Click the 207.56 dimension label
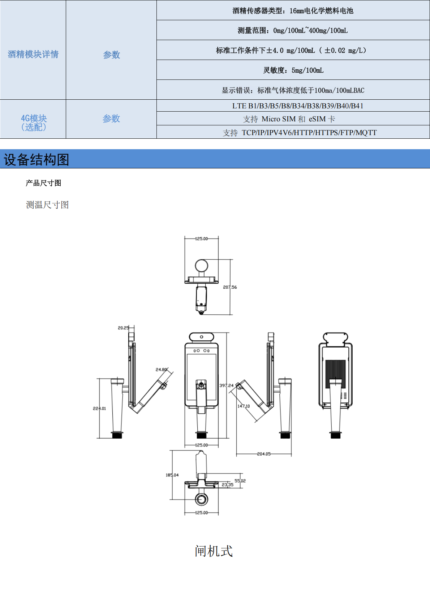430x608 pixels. (x=230, y=287)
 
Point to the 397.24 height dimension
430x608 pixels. (x=226, y=385)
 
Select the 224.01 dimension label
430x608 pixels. (x=99, y=409)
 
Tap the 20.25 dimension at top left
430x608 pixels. (x=123, y=328)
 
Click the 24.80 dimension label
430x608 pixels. (x=161, y=370)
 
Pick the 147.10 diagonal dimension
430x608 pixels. (x=244, y=406)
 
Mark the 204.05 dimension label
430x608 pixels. (x=264, y=454)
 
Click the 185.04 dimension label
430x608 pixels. (x=172, y=475)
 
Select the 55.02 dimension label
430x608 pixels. (x=240, y=481)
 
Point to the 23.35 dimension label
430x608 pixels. (x=227, y=485)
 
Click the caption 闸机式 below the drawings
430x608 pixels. (x=214, y=551)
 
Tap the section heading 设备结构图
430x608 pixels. (x=36, y=159)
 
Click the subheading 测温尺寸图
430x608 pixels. (x=47, y=205)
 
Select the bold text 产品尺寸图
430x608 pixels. (x=43, y=183)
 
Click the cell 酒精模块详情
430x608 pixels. (x=33, y=54)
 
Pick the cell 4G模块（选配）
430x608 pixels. (x=34, y=122)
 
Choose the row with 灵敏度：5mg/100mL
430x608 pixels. (x=293, y=70)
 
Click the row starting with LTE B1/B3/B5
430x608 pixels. (x=297, y=106)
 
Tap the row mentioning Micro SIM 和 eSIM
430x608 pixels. (x=289, y=119)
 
